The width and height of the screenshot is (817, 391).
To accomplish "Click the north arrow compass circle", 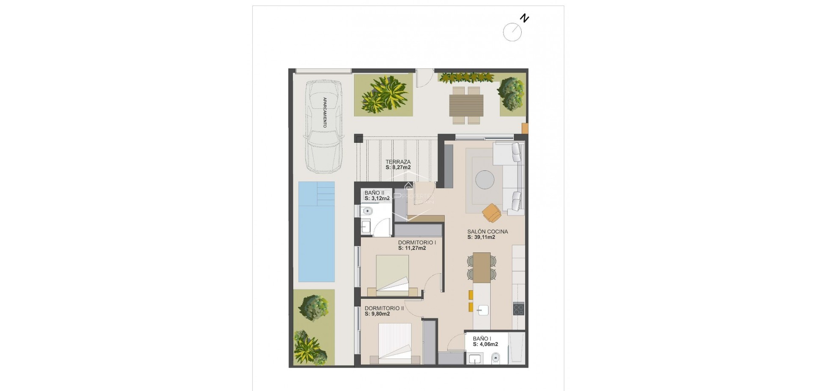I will pos(512,32).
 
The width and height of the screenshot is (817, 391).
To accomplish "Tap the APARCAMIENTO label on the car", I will pos(325,113).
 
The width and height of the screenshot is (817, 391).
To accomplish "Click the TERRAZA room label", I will pos(398,162).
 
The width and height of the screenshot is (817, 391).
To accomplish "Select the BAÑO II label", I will pos(374,193).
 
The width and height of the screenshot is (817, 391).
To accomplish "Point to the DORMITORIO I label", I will pos(417,243).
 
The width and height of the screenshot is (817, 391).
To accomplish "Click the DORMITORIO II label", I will pos(384,309).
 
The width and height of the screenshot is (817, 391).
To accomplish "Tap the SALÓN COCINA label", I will pos(487,232).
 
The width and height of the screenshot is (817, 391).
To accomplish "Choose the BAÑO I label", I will pos(482,339).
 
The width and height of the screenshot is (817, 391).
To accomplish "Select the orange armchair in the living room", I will pos(491,212).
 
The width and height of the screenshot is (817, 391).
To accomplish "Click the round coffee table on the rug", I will pos(485,179).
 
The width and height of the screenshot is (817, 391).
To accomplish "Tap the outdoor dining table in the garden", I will pos(466,105).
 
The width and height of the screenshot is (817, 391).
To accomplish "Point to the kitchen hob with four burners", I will pos(518,309).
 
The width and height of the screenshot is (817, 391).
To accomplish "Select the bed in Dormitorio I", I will pos(392,274).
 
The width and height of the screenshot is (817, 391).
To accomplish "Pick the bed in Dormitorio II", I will pos(395,343).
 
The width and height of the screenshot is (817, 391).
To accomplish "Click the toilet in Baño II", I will pos(367,211).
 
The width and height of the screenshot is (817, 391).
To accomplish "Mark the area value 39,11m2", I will pos(481,238).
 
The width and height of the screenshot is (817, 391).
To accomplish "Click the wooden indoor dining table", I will pos(481,267).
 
